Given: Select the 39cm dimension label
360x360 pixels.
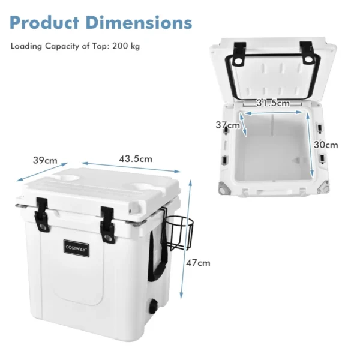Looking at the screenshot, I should coord(45,160).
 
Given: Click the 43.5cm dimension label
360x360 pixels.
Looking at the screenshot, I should coord(135,159).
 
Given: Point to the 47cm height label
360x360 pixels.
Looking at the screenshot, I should coord(199,262).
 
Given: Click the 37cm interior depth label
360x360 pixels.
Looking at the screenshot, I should coord(227,125).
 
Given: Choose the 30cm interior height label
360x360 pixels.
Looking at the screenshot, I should coord(325,145).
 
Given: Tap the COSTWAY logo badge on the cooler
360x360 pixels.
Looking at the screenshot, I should coord(77,247).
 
